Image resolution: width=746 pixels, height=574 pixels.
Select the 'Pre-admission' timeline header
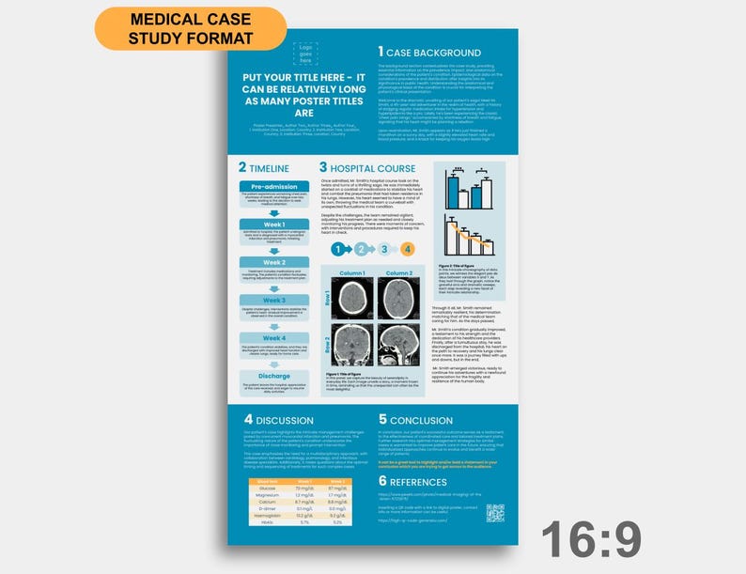pos(274,186)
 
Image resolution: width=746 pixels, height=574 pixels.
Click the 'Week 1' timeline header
pos(274,225)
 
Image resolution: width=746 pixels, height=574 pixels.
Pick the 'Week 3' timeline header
pos(274,300)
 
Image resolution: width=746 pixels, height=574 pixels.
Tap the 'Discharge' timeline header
pos(274,375)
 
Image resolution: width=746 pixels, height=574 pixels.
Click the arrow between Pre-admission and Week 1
pos(274,213)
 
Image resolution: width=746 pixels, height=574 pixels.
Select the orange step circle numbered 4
pos(407,249)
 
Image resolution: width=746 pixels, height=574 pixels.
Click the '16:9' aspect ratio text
pos(591,540)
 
